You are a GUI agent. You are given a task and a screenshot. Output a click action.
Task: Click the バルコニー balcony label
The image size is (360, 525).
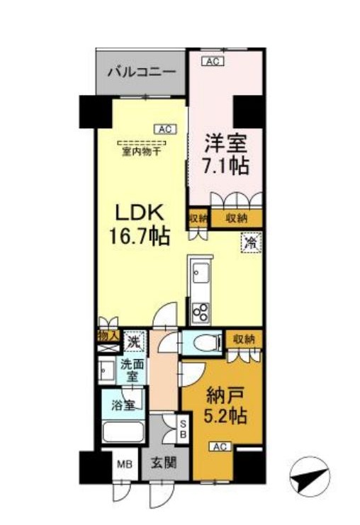(142, 72)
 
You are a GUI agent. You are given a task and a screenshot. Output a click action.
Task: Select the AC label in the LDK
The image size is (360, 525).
(164, 129)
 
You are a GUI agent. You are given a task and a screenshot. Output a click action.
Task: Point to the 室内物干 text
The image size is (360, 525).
(138, 151)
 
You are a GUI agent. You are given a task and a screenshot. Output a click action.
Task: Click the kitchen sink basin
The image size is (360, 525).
(198, 271)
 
